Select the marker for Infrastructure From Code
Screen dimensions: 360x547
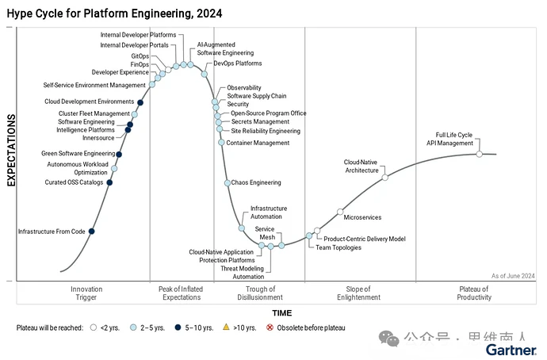(x=92, y=231)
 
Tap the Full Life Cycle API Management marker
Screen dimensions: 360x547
(x=479, y=154)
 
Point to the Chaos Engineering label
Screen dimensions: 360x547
(x=256, y=182)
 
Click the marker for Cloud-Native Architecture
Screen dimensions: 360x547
(x=385, y=178)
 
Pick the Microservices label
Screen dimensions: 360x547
(x=363, y=216)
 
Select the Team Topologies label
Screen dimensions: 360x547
(x=339, y=247)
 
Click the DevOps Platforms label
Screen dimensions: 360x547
(x=237, y=63)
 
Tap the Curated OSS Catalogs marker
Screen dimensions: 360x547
(x=109, y=182)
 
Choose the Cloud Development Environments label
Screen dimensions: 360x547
(x=89, y=101)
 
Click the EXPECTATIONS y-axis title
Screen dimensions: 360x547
(x=12, y=150)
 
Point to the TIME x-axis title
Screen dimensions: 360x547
(x=282, y=313)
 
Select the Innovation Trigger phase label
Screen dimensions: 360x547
(x=86, y=293)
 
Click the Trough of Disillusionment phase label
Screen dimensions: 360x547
(x=259, y=293)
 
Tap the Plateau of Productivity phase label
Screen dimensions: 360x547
(x=474, y=293)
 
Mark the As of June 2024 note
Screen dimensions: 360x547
(x=512, y=275)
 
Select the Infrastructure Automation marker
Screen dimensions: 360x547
(x=242, y=228)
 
